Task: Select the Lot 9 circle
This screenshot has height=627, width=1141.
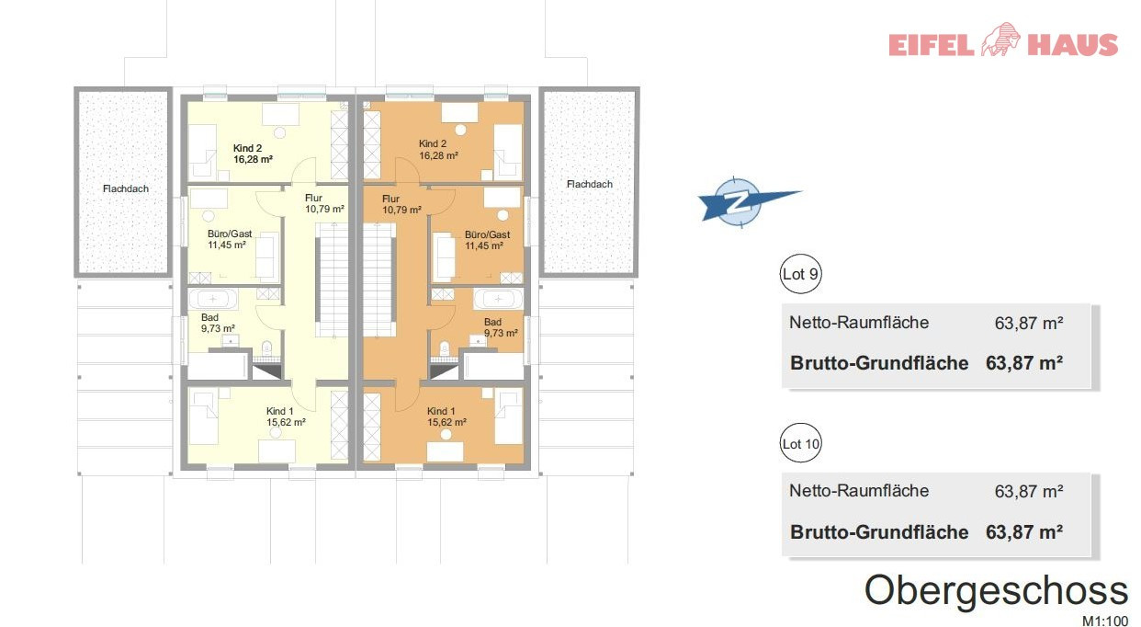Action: click(x=800, y=274)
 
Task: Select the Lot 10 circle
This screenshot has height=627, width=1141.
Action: click(x=800, y=443)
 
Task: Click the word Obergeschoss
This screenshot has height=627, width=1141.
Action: click(x=996, y=591)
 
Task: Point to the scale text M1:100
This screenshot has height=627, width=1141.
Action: click(x=1105, y=621)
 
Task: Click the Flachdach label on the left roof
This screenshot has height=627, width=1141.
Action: click(x=126, y=188)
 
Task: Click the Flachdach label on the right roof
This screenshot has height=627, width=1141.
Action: click(x=590, y=184)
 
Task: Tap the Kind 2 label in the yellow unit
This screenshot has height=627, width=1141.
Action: click(x=247, y=148)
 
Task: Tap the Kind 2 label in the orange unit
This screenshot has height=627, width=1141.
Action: click(x=433, y=143)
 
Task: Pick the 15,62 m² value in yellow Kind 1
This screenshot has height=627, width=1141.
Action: click(x=286, y=422)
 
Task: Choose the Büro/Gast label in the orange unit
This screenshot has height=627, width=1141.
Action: click(x=487, y=234)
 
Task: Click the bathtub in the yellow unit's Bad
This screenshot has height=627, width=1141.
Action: click(x=213, y=299)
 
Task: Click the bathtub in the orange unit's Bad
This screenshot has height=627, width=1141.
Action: click(x=498, y=299)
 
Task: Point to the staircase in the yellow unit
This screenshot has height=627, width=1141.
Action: click(x=332, y=279)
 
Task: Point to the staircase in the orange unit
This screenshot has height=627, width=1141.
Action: click(x=379, y=279)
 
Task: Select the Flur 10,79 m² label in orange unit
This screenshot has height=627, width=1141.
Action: click(x=401, y=204)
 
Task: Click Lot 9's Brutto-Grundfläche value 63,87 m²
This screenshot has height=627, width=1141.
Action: click(x=1023, y=363)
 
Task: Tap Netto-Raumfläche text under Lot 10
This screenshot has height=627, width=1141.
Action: click(x=859, y=490)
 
